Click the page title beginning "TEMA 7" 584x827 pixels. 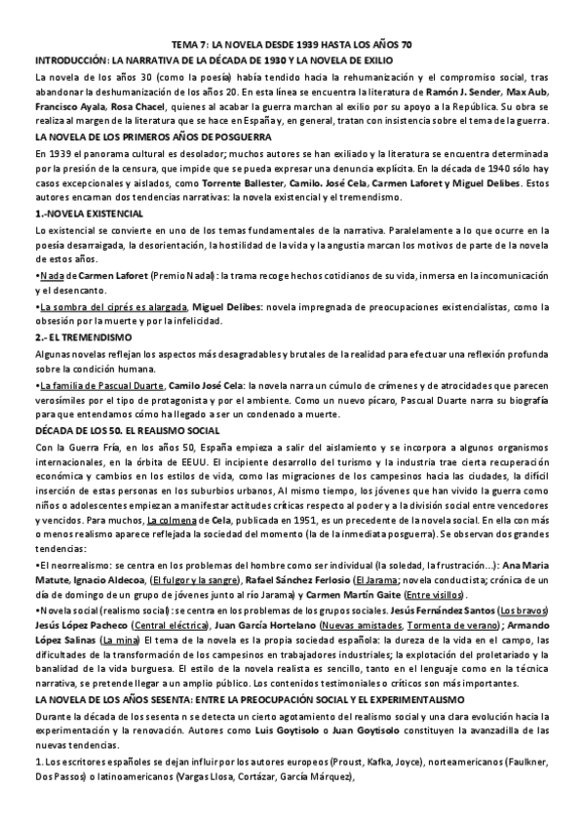click(292, 45)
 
